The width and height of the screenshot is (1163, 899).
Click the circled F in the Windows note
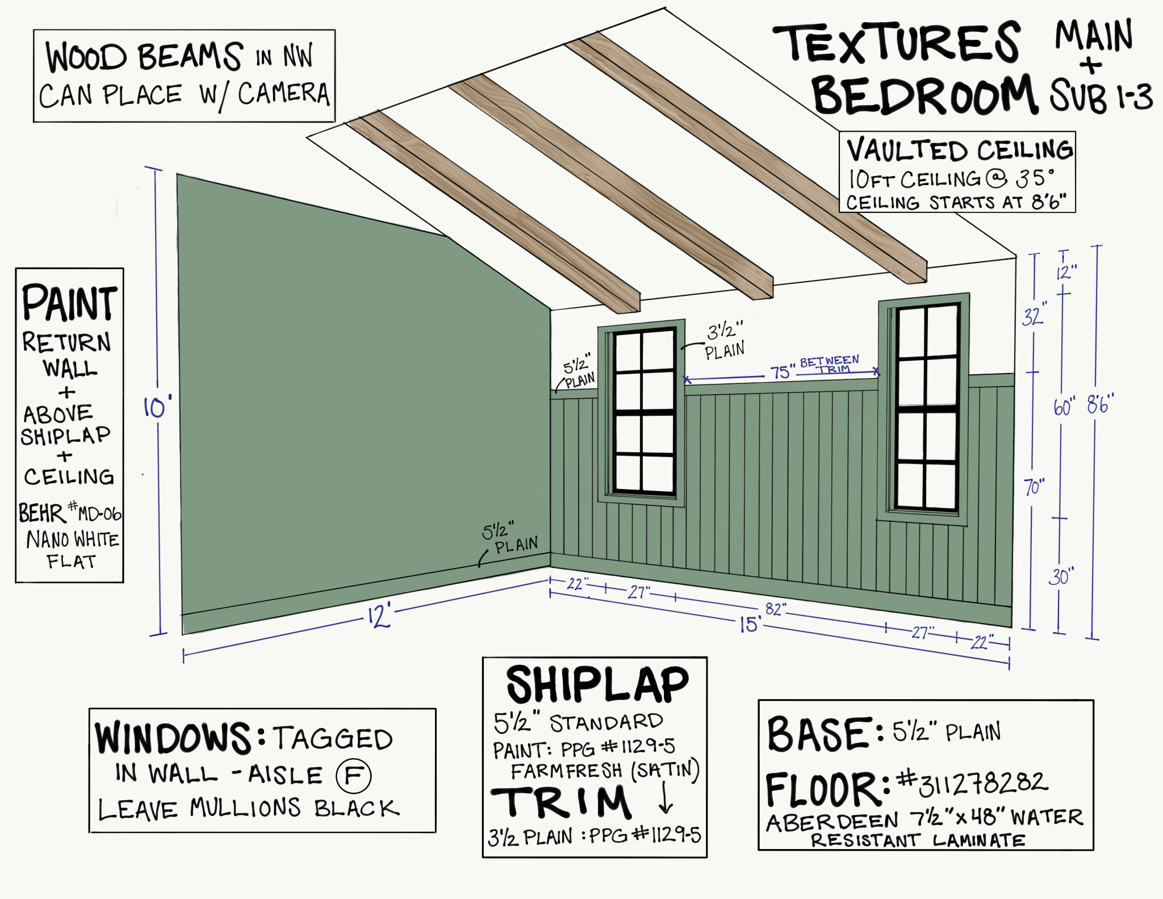click(353, 776)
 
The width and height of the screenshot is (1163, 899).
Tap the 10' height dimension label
click(156, 407)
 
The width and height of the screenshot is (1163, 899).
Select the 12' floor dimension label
click(379, 616)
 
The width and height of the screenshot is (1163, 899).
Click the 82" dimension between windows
click(776, 609)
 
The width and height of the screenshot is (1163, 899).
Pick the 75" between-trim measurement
click(781, 372)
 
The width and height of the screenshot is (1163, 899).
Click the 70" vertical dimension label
click(1034, 487)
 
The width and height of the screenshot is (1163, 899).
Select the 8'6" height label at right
click(1101, 404)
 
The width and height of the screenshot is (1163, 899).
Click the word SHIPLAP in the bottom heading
click(597, 685)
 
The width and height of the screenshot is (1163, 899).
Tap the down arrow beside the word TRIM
click(666, 799)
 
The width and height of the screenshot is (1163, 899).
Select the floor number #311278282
click(972, 784)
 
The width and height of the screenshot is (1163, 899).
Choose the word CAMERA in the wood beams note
click(283, 94)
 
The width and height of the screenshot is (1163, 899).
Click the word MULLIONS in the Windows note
click(245, 808)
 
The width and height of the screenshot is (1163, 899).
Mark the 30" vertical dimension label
click(1060, 577)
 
